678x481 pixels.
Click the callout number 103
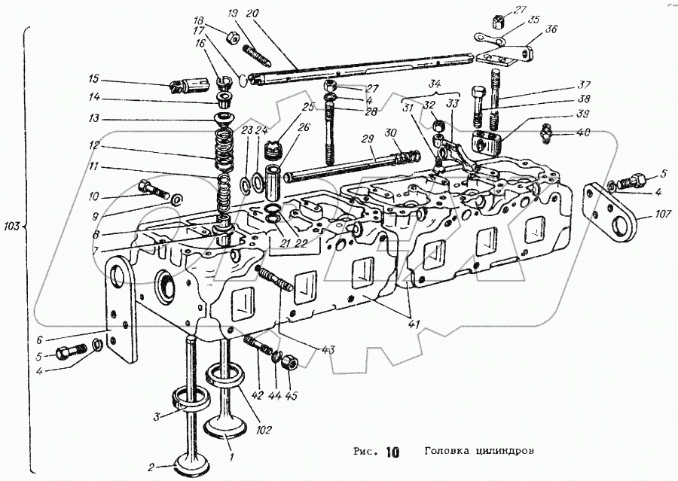tap(13, 225)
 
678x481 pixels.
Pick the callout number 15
tap(93, 78)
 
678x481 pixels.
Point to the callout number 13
tap(93, 119)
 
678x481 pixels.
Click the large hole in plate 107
tap(624, 223)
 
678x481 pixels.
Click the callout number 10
tap(93, 197)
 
